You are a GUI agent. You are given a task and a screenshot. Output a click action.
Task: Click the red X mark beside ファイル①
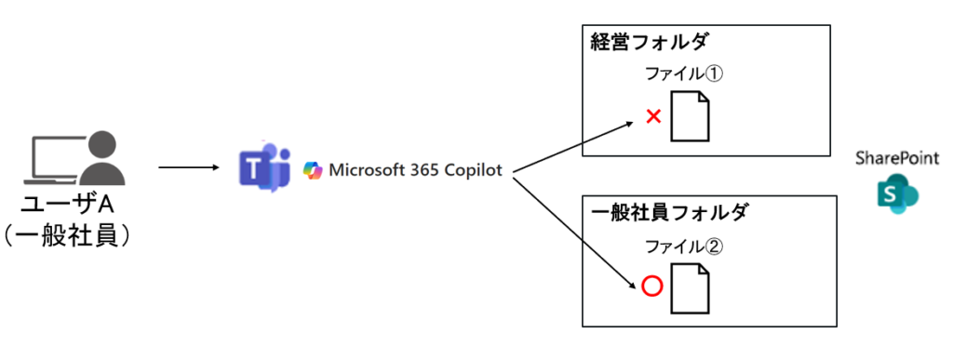[653, 116]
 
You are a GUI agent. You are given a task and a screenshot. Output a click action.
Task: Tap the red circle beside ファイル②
[651, 287]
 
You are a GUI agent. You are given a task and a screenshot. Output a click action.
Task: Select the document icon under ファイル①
[691, 116]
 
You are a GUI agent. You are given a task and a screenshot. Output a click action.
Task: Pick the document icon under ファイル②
[691, 287]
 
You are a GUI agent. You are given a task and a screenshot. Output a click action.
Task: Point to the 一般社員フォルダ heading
[670, 213]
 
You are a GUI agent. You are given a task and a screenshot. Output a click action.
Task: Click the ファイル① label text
[685, 75]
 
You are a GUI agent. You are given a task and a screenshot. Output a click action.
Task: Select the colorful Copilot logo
[313, 170]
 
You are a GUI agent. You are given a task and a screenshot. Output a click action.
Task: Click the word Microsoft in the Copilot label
[363, 170]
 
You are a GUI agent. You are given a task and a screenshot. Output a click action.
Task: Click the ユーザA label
[68, 206]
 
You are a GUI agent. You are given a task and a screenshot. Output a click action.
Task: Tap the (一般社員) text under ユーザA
[67, 236]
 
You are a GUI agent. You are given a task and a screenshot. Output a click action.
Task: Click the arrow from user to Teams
[188, 167]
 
